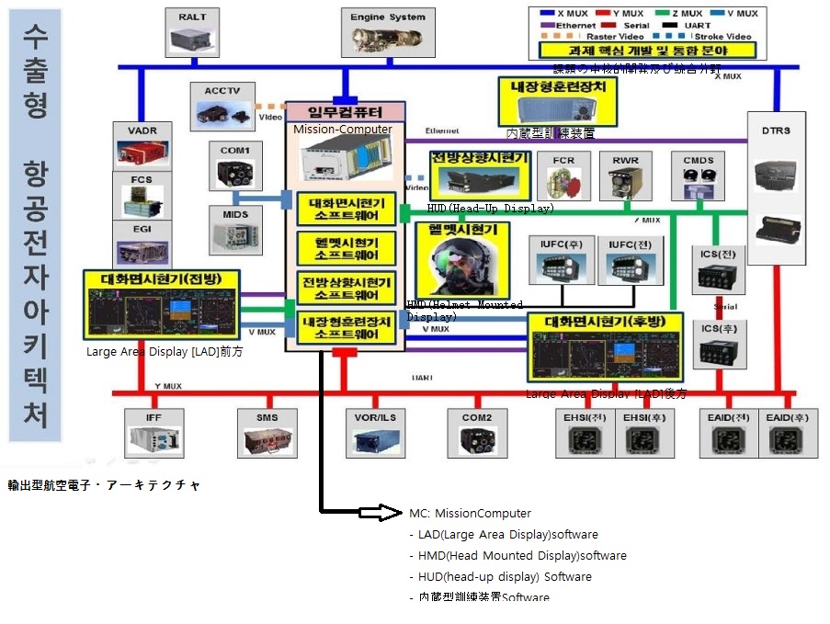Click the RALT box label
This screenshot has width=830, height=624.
[x=194, y=17]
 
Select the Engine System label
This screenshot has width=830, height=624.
[x=387, y=17]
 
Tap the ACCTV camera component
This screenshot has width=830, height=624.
[x=223, y=114]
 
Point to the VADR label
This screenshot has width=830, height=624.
[x=142, y=130]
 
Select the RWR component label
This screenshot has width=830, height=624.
[x=625, y=160]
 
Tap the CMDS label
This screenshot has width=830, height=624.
[x=698, y=160]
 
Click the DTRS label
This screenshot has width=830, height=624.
[x=775, y=130]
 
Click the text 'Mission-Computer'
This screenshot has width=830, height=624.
[x=343, y=130]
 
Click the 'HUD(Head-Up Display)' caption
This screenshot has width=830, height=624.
[x=490, y=209]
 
